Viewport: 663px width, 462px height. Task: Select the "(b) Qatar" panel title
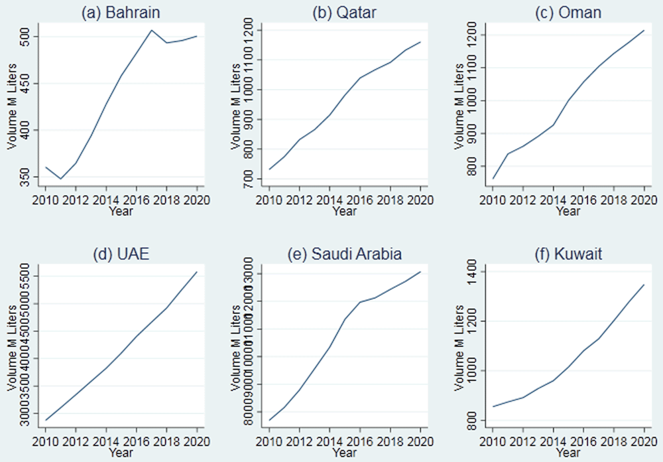pyautogui.click(x=345, y=13)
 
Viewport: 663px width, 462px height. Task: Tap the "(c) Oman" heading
pyautogui.click(x=568, y=13)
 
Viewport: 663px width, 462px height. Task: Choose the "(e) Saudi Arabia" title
pyautogui.click(x=345, y=255)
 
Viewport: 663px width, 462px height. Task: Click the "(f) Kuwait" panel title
pyautogui.click(x=568, y=255)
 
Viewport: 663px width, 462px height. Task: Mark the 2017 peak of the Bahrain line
pyautogui.click(x=151, y=30)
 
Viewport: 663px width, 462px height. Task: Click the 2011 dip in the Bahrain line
pyautogui.click(x=61, y=179)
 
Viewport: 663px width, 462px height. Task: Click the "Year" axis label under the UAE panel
pyautogui.click(x=122, y=453)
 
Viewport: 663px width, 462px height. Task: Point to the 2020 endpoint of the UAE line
pyautogui.click(x=196, y=272)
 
